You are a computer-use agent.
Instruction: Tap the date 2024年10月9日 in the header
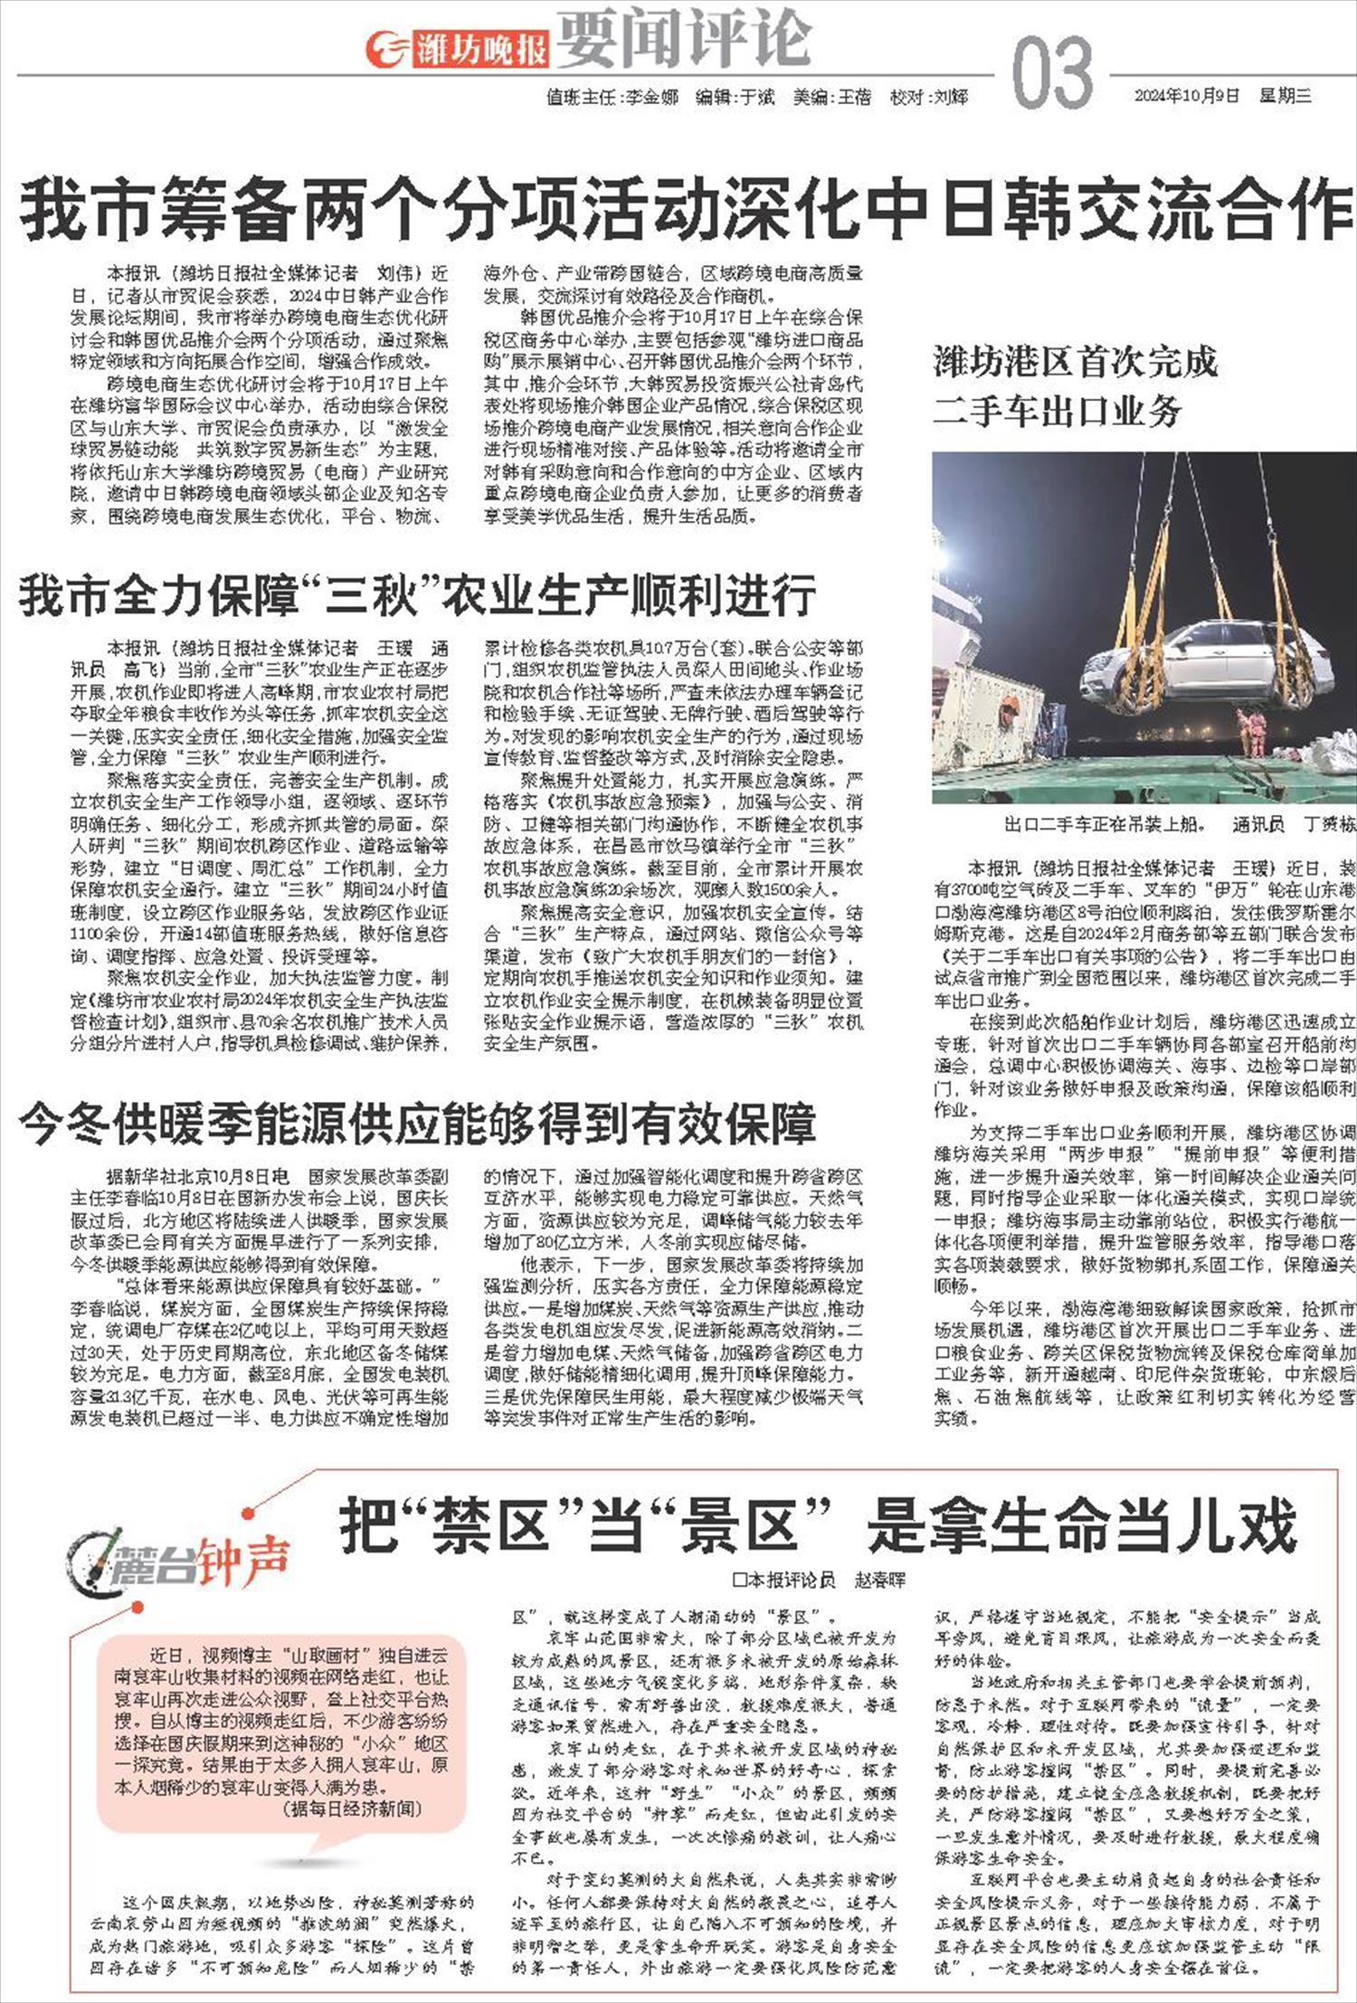pos(1186,96)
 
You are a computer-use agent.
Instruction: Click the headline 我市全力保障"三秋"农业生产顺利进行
pos(417,594)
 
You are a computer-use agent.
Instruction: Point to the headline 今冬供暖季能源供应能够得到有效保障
pos(417,1123)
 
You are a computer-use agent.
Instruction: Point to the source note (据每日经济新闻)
pos(354,1808)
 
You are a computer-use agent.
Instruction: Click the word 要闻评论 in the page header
pos(683,38)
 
